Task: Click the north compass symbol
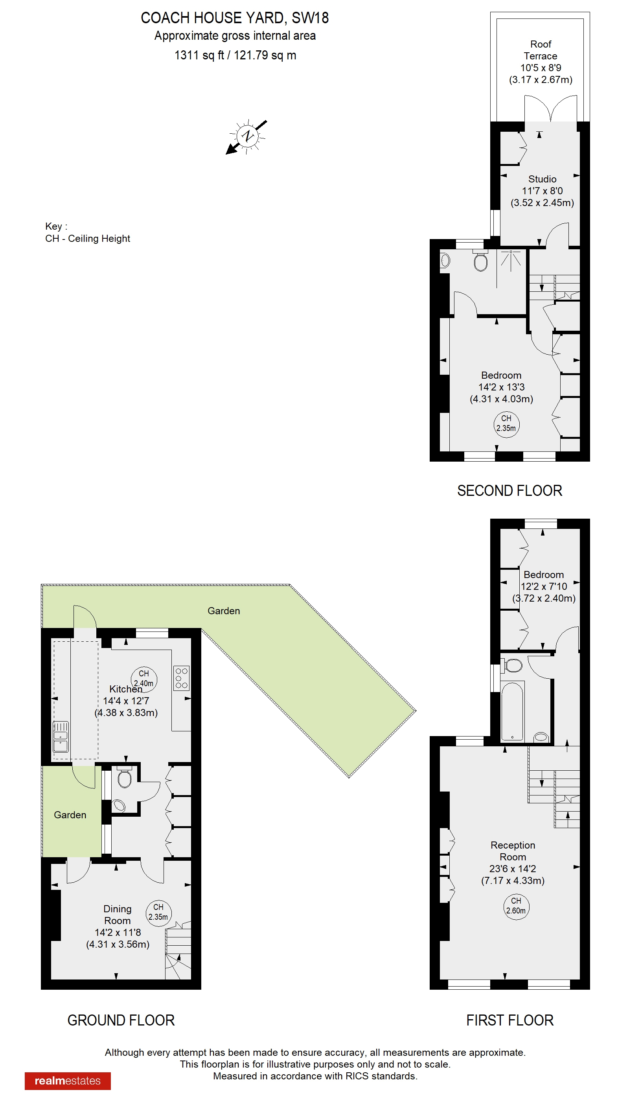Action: point(247,136)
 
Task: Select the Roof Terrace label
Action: point(541,50)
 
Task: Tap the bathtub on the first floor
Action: point(512,711)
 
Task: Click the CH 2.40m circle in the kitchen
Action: point(144,678)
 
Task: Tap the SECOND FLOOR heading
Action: point(510,491)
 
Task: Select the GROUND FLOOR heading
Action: point(121,1020)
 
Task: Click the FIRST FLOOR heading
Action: point(510,1020)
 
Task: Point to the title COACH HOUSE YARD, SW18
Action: point(235,18)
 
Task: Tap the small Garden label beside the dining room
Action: point(70,815)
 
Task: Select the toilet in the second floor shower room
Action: point(480,261)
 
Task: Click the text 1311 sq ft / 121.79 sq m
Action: point(235,55)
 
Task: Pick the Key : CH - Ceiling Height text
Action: point(87,232)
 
